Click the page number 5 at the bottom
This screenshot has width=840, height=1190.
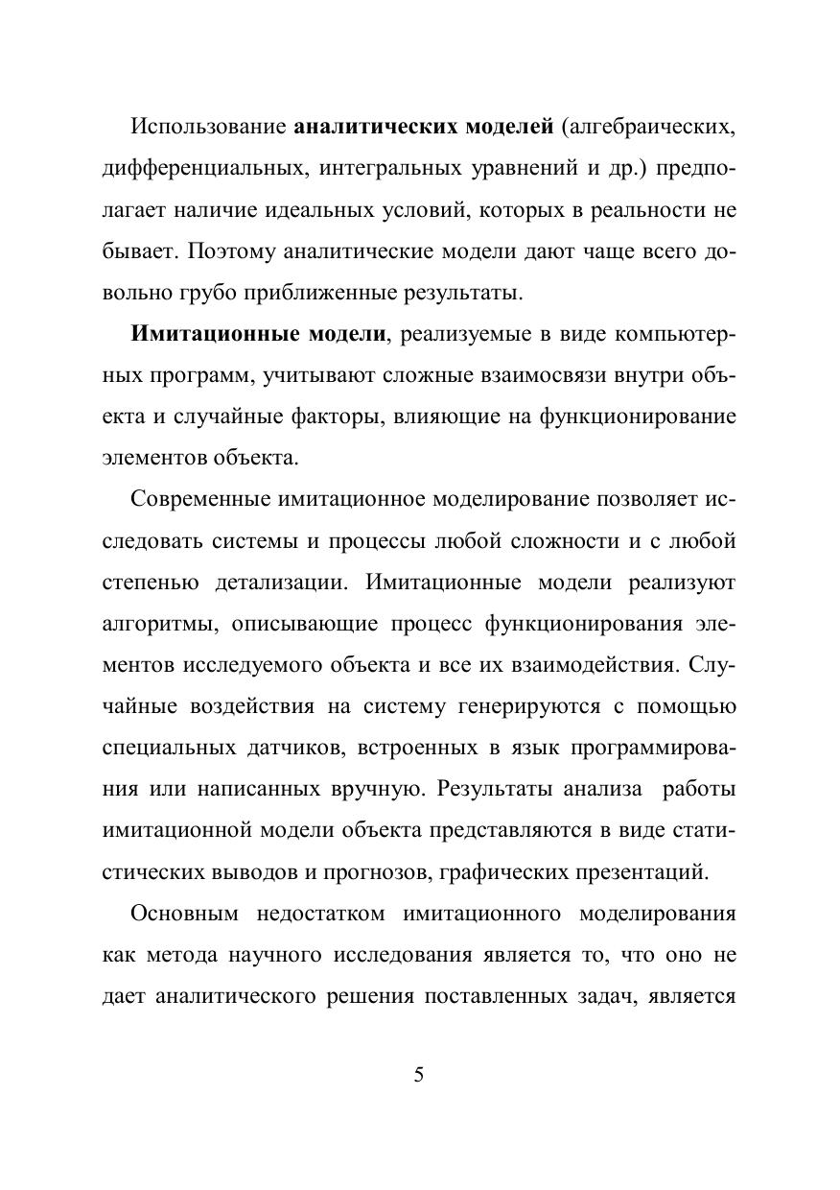pos(418,1074)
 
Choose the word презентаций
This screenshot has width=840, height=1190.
pos(637,872)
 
